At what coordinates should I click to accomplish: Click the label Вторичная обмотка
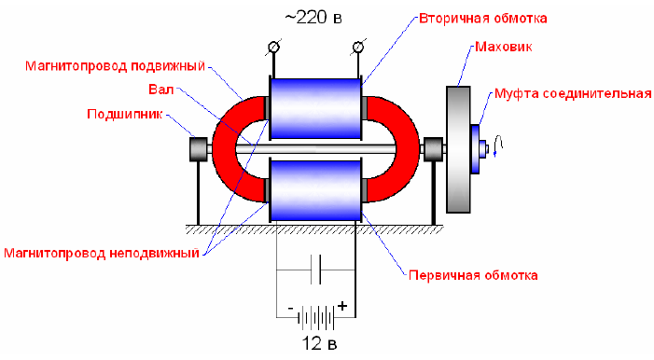pos(482,19)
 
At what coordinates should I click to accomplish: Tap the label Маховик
pos(504,47)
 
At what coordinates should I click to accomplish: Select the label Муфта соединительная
pos(573,93)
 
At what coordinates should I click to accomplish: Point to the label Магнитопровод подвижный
pos(115,66)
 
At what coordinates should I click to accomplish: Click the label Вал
pos(161,90)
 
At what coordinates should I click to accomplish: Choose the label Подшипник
pos(124,114)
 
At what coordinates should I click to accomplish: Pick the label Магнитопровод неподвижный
pos(102,253)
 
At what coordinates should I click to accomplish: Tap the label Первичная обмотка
pos(473,275)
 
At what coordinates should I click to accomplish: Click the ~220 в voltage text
pos(313,18)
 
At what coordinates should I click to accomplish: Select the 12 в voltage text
pos(319,344)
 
